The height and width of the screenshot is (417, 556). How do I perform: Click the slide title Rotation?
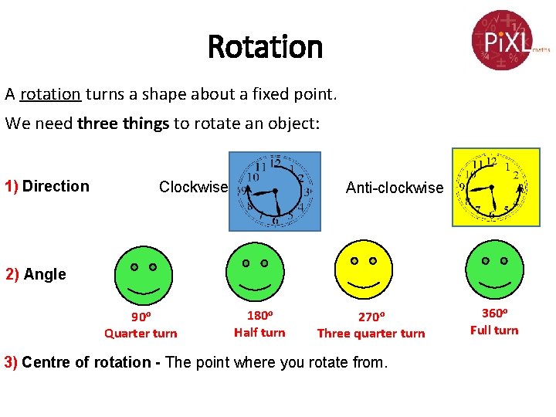pos(265,47)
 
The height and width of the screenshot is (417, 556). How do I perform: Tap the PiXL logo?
pos(503,39)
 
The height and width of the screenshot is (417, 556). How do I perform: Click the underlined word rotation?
pos(50,94)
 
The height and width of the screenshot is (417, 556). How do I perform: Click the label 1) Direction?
pos(47,186)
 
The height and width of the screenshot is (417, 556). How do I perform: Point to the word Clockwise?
pos(193,187)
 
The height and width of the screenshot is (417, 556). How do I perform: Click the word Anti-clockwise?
pos(395,188)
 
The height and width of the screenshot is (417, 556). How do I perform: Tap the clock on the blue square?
pos(275,191)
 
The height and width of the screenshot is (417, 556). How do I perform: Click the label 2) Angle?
pos(36,274)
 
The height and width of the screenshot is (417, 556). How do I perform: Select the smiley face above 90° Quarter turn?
pos(143,276)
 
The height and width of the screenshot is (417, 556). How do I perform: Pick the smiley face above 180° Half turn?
pos(255,272)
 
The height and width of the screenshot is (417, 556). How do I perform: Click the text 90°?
pos(141,317)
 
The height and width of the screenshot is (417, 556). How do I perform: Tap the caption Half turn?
pos(259,333)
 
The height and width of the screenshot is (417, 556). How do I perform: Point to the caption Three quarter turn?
pos(371,334)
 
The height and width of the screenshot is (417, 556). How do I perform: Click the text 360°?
pos(494,314)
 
